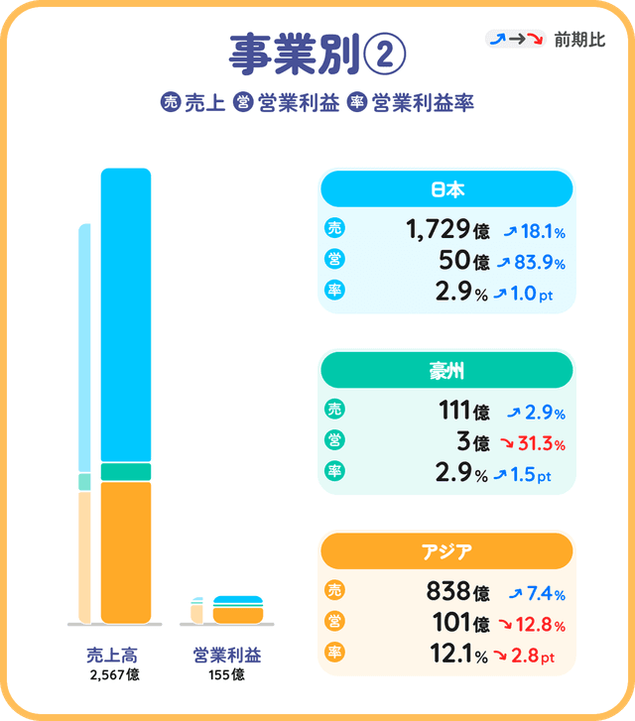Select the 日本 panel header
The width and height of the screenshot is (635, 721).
446,188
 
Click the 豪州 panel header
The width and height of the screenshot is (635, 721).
446,371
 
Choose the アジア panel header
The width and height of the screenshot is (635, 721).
446,551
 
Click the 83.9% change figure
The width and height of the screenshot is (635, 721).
537,263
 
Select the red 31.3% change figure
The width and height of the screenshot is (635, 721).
537,443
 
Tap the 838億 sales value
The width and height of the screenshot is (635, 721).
457,592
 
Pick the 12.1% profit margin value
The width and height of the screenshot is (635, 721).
452,656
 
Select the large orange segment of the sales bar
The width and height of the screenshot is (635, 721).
126,551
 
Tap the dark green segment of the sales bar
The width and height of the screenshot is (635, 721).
126,471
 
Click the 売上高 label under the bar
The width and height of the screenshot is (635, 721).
113,655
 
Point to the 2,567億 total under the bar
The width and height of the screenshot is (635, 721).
113,674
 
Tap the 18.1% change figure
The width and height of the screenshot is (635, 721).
537,232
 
